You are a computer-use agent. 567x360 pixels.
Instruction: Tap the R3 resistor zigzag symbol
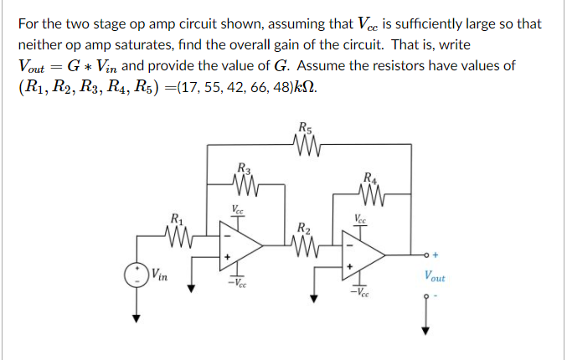point(244,183)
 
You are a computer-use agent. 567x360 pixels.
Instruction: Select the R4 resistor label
point(369,177)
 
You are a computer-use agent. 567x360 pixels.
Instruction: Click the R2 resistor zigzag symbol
point(303,245)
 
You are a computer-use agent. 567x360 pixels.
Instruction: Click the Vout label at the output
point(435,276)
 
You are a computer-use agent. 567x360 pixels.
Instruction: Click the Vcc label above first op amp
point(238,210)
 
